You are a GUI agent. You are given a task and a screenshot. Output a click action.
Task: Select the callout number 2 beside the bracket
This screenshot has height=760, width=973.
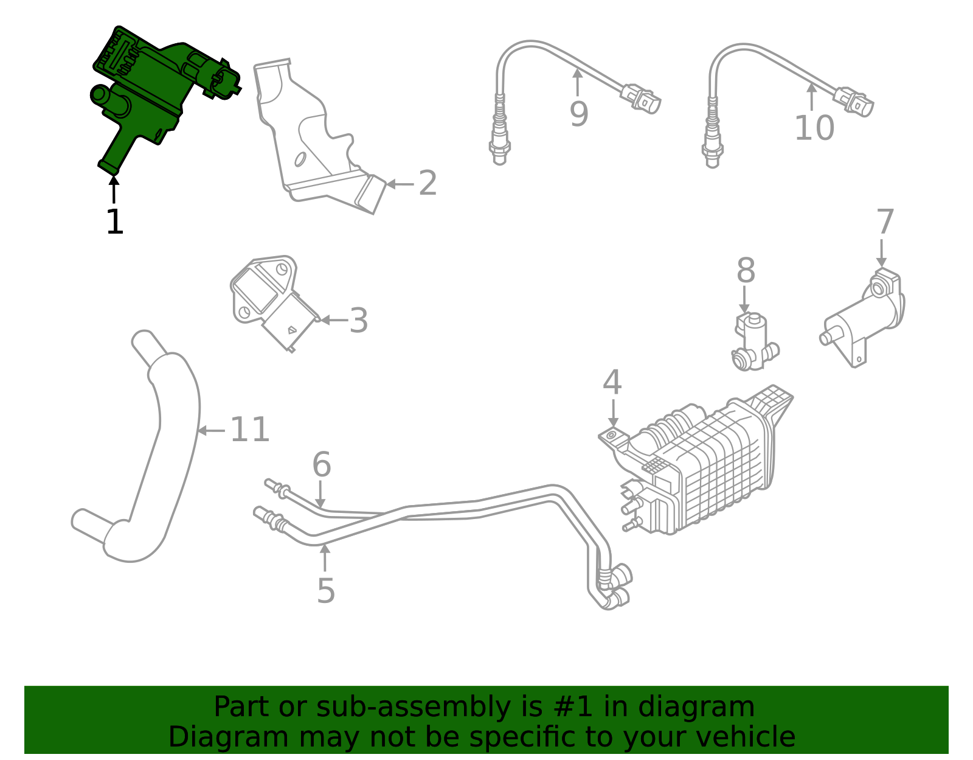pos(428,183)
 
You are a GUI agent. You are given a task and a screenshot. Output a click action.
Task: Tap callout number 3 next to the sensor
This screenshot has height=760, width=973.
pos(358,321)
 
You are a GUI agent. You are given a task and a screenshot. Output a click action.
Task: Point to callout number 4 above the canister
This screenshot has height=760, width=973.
pos(612,383)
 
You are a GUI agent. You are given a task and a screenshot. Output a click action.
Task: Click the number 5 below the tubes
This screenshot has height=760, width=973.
pos(326,591)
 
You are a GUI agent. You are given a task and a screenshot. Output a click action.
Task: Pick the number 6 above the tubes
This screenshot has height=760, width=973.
pos(321,465)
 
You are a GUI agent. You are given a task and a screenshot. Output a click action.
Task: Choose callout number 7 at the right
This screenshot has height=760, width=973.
pos(885,222)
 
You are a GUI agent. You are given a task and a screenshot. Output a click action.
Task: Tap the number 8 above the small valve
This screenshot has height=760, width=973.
pos(746,271)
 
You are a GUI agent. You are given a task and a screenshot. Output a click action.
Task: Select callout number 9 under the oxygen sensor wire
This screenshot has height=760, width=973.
pos(579,114)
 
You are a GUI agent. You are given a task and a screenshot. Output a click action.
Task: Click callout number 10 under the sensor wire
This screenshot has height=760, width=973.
pos(814,128)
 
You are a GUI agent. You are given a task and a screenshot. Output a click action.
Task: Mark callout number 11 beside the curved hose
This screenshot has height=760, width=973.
pos(249,430)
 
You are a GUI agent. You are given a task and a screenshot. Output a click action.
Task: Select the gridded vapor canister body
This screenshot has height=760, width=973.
pos(724,469)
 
